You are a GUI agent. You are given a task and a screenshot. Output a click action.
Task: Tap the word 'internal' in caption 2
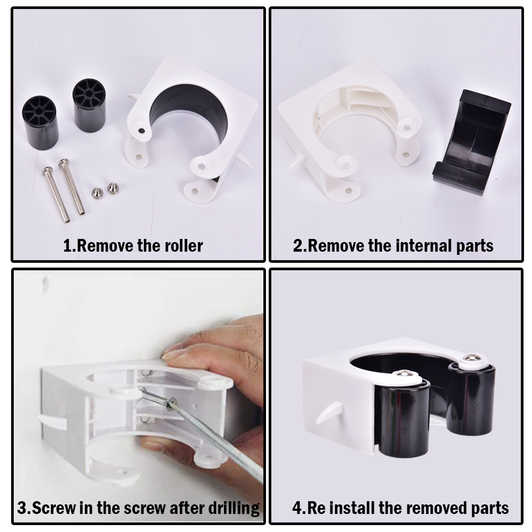click(x=424, y=246)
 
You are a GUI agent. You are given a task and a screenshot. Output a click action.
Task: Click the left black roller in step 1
click(x=40, y=122)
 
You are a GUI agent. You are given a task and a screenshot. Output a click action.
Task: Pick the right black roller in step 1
click(x=89, y=105)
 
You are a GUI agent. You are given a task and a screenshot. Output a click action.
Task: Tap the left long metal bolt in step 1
click(x=56, y=194)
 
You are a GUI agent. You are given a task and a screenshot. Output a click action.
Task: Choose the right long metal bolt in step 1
click(x=72, y=186)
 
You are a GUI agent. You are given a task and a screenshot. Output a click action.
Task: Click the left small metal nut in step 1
click(x=97, y=193)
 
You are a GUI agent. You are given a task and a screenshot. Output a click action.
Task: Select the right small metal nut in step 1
click(x=113, y=188)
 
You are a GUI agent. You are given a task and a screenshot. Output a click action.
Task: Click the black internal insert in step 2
click(x=471, y=142)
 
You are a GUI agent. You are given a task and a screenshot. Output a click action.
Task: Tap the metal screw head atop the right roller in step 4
click(x=470, y=358)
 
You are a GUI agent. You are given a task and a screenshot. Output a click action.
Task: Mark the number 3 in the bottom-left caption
click(x=22, y=508)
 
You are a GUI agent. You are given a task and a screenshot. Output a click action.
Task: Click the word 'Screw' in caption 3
click(x=54, y=508)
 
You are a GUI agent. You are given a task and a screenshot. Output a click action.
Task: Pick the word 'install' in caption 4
click(x=353, y=508)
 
